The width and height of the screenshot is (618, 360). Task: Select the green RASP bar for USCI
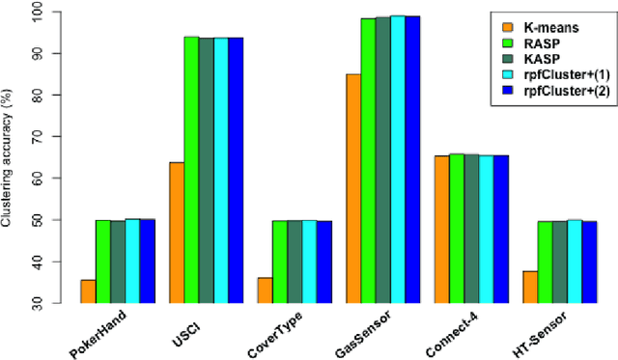click(x=191, y=169)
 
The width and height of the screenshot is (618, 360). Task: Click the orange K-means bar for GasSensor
click(x=351, y=188)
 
